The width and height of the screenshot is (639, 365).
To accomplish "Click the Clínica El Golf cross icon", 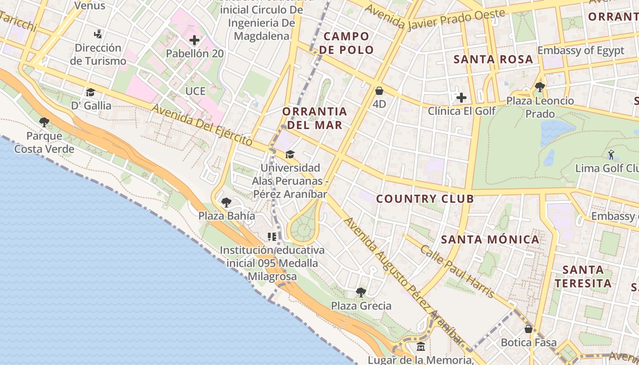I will coord(461,97).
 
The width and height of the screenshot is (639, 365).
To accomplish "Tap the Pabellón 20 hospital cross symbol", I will coord(194,40).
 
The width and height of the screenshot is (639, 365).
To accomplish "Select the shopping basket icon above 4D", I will coord(379,91).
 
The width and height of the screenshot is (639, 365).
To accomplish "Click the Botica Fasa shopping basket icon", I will coord(529,329).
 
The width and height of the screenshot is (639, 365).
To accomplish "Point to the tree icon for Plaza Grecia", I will coord(361,292).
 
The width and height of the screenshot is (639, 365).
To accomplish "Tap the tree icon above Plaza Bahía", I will coord(226,202).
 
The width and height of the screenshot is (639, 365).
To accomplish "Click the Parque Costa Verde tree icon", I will coord(44,122).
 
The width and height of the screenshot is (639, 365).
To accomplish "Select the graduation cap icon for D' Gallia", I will coord(90,92).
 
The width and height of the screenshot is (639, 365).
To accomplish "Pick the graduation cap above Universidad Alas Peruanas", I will coord(290,154).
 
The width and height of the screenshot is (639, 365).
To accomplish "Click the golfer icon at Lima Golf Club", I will coord(611,155).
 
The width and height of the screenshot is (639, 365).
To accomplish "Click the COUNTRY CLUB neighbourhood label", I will coord(425,199).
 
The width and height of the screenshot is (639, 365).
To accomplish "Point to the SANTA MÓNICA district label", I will coord(490,240).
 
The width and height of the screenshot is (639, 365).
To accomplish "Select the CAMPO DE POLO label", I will coord(346,43).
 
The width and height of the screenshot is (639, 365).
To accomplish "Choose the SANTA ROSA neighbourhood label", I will coord(493,59).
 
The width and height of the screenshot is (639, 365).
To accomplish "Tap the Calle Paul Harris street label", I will coord(457,271).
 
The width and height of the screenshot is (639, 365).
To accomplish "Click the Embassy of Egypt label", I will coord(581,50).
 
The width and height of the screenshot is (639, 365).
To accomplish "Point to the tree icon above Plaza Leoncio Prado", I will coord(540,87).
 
